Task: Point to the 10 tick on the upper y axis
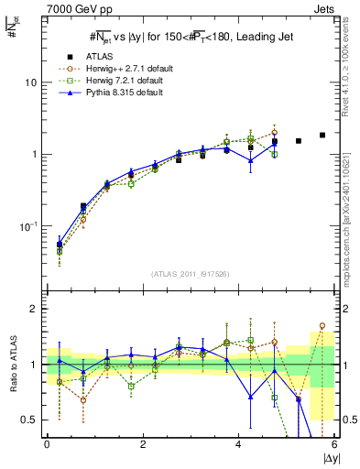click(30, 82)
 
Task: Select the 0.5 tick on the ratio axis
click(29, 420)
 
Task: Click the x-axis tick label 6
click(334, 445)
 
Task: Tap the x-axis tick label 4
click(238, 445)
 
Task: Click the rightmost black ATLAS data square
click(322, 135)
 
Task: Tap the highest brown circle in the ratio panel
click(322, 325)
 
